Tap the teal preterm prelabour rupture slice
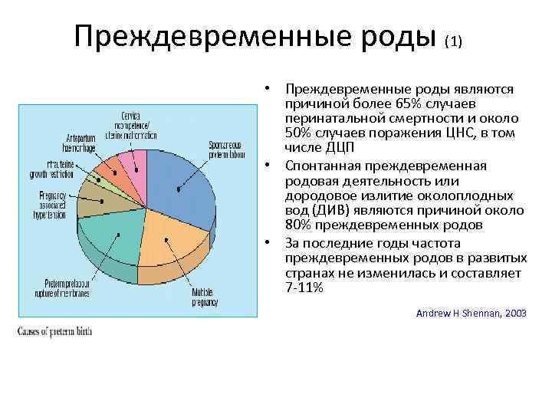click(113, 234)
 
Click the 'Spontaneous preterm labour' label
click(225, 149)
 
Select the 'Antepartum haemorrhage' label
click(89, 143)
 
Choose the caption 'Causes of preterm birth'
click(52, 331)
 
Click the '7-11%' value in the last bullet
click(304, 288)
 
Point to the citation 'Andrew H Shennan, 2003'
click(471, 313)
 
